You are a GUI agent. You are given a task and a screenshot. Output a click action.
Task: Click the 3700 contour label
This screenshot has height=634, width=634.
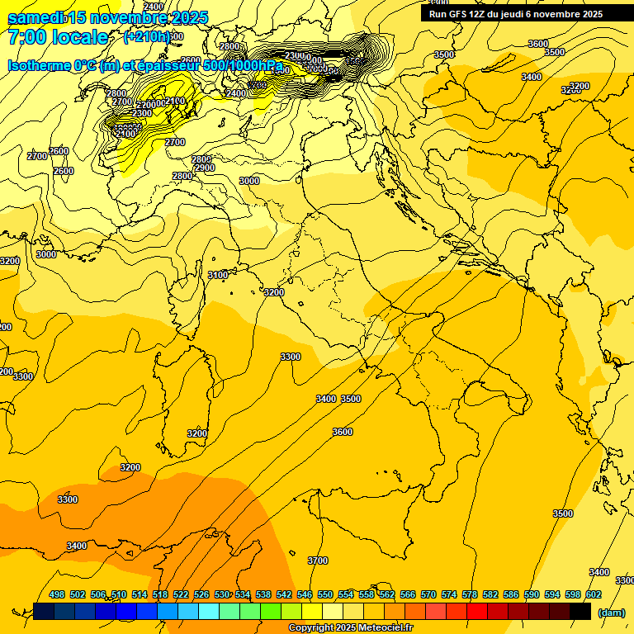(317, 561)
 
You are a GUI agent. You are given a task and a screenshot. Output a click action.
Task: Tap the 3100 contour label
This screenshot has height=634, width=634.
(218, 275)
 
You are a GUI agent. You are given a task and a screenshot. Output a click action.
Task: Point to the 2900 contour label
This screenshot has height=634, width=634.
(204, 168)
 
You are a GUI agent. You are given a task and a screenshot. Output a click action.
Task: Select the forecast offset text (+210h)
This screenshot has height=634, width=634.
(146, 36)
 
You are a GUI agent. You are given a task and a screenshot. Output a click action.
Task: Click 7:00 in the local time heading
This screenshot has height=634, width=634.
(27, 37)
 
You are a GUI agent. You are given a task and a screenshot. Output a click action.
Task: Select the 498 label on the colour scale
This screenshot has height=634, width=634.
(57, 594)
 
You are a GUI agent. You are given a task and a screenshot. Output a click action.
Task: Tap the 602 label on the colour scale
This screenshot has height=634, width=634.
(594, 594)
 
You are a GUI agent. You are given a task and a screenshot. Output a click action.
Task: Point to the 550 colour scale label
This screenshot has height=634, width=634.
(325, 594)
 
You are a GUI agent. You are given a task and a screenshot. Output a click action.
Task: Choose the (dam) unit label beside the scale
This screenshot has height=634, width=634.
(612, 612)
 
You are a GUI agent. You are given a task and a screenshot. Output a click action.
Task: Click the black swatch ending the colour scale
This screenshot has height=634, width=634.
(580, 611)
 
